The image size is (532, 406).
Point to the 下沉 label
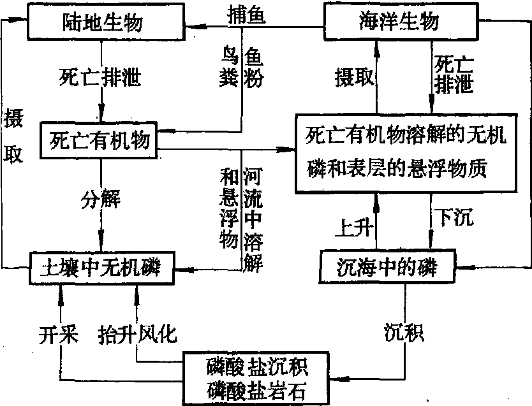[x=454, y=218]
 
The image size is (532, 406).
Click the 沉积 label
[x=404, y=332]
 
